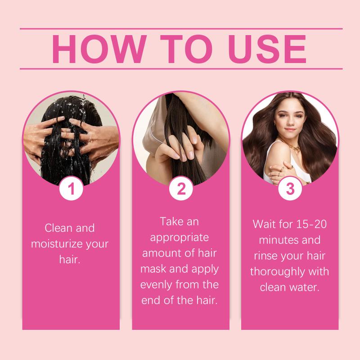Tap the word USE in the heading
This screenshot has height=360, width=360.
(267, 49)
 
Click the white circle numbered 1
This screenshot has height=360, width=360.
(71, 189)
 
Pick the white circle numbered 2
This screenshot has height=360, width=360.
(181, 189)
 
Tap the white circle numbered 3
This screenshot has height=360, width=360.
(290, 189)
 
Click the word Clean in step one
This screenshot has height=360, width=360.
(58, 228)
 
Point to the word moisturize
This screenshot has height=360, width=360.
(57, 244)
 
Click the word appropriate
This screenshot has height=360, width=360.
(180, 238)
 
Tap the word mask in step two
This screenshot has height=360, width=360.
(153, 269)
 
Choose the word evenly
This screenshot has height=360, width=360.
(156, 285)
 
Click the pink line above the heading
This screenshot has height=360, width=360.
(181, 29)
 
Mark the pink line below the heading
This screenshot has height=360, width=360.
(181, 69)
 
